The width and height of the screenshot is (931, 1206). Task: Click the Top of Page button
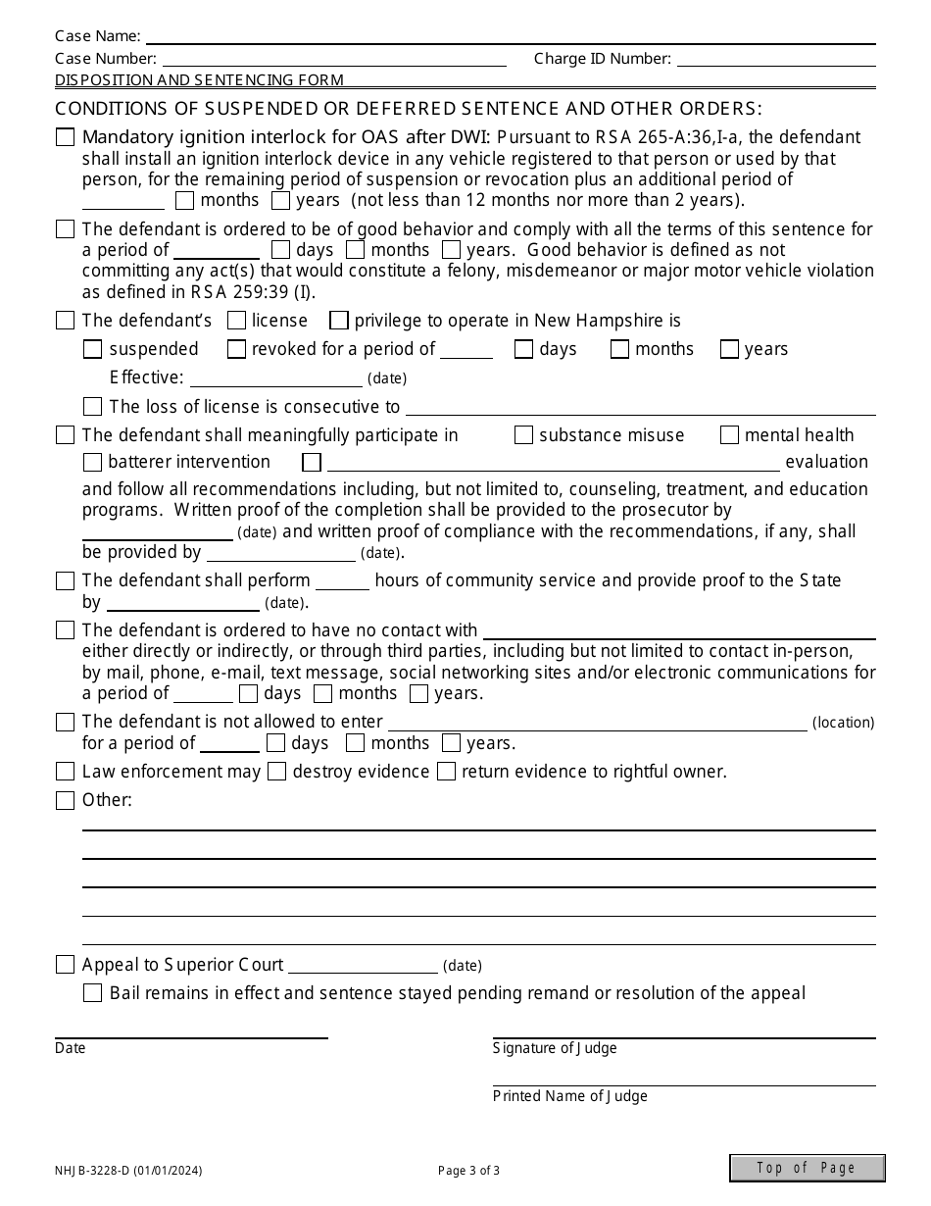(807, 1168)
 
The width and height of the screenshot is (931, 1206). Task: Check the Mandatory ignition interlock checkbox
(65, 138)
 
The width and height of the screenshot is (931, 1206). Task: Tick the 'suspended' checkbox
(93, 349)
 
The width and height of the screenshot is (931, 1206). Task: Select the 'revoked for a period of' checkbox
(236, 349)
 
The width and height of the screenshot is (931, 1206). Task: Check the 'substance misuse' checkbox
(523, 435)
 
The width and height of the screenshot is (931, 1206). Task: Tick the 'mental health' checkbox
(729, 435)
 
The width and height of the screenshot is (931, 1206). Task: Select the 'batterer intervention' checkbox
(93, 462)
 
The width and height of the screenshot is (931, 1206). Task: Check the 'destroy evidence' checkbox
(276, 772)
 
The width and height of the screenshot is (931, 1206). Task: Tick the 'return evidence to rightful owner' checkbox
(446, 772)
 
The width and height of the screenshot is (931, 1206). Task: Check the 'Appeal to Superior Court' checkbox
(65, 965)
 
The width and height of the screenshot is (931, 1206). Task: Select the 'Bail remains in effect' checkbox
(93, 993)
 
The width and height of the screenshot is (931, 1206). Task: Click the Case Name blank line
(510, 36)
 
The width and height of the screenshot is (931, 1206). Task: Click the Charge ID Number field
(776, 59)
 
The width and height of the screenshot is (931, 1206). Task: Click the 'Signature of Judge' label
(555, 1048)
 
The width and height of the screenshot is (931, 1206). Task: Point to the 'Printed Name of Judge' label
(569, 1096)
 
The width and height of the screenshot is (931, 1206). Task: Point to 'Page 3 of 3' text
(468, 1170)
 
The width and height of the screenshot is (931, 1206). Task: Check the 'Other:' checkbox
(65, 801)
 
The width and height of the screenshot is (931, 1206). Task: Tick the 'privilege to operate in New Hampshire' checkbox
(339, 321)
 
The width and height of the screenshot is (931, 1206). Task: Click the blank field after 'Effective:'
(275, 378)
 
